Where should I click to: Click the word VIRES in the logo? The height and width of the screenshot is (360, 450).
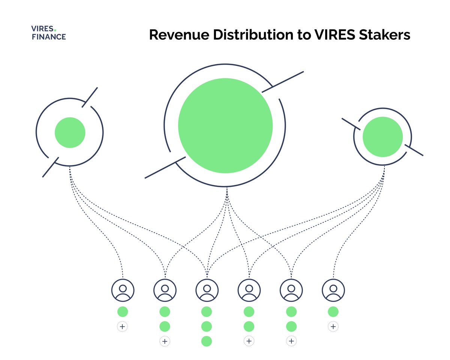click(42, 29)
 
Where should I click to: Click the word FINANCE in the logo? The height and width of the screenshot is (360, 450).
click(48, 37)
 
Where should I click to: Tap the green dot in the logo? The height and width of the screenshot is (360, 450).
click(55, 29)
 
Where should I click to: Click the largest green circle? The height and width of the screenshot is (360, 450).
click(225, 125)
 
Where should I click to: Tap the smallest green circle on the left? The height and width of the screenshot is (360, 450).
click(70, 132)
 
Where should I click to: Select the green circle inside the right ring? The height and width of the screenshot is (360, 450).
click(383, 137)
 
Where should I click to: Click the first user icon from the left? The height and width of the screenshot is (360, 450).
click(123, 290)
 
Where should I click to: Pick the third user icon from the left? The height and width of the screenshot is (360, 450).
click(207, 290)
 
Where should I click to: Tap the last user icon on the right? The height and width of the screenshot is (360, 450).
click(333, 290)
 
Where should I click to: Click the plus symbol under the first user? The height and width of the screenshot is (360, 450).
click(122, 327)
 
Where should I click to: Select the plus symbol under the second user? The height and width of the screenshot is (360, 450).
click(165, 341)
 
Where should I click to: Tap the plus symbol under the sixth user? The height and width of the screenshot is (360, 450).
click(333, 327)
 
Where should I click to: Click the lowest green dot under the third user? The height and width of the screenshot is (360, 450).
click(207, 341)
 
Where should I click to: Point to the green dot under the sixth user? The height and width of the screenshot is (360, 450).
click(333, 312)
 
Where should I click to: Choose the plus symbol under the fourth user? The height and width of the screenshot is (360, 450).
click(249, 341)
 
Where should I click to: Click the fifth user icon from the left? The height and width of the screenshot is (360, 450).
click(291, 290)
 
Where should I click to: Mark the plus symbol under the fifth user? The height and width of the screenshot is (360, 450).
click(291, 341)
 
